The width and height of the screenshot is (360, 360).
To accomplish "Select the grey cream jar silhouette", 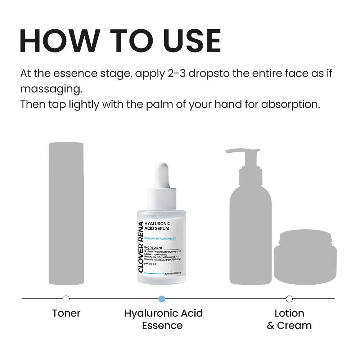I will [305, 257].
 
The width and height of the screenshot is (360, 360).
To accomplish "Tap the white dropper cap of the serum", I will [162, 176].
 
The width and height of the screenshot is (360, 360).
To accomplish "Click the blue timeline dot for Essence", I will [162, 298].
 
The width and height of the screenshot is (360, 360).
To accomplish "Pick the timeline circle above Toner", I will [66, 298].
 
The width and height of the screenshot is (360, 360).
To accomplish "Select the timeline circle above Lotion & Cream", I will [289, 298].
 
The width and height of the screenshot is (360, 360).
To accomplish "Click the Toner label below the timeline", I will [66, 313].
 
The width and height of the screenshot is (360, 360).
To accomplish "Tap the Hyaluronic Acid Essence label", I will [163, 319].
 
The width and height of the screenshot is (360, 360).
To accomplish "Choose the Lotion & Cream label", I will [289, 319].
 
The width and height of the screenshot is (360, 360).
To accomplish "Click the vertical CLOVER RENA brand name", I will [140, 247].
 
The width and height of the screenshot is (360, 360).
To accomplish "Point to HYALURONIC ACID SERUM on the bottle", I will [157, 226].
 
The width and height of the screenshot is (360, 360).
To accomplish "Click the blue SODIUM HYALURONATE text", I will [160, 239].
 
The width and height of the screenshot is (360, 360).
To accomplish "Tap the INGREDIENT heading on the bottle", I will [153, 247].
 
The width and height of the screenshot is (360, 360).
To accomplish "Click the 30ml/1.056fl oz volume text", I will [172, 273].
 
